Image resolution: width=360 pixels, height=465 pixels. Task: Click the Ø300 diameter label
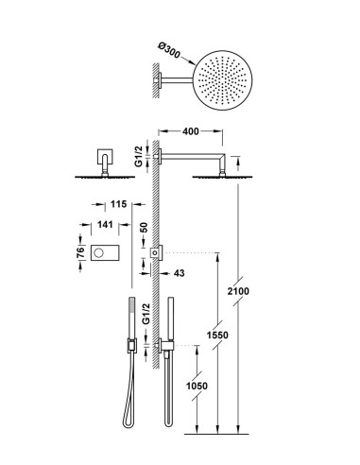point(169,51)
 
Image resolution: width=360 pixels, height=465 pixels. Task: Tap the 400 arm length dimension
point(191,131)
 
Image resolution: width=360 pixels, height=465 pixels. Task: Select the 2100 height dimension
point(238,291)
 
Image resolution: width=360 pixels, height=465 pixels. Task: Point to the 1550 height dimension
point(217,335)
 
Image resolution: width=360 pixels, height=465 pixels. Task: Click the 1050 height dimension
point(197,386)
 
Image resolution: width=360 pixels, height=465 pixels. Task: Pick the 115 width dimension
point(118,204)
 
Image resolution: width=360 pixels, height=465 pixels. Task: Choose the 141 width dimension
point(105,224)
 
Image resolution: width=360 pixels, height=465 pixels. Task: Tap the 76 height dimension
point(81,252)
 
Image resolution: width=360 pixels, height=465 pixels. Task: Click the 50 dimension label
point(144,228)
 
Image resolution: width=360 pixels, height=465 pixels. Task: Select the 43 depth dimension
point(179,273)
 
